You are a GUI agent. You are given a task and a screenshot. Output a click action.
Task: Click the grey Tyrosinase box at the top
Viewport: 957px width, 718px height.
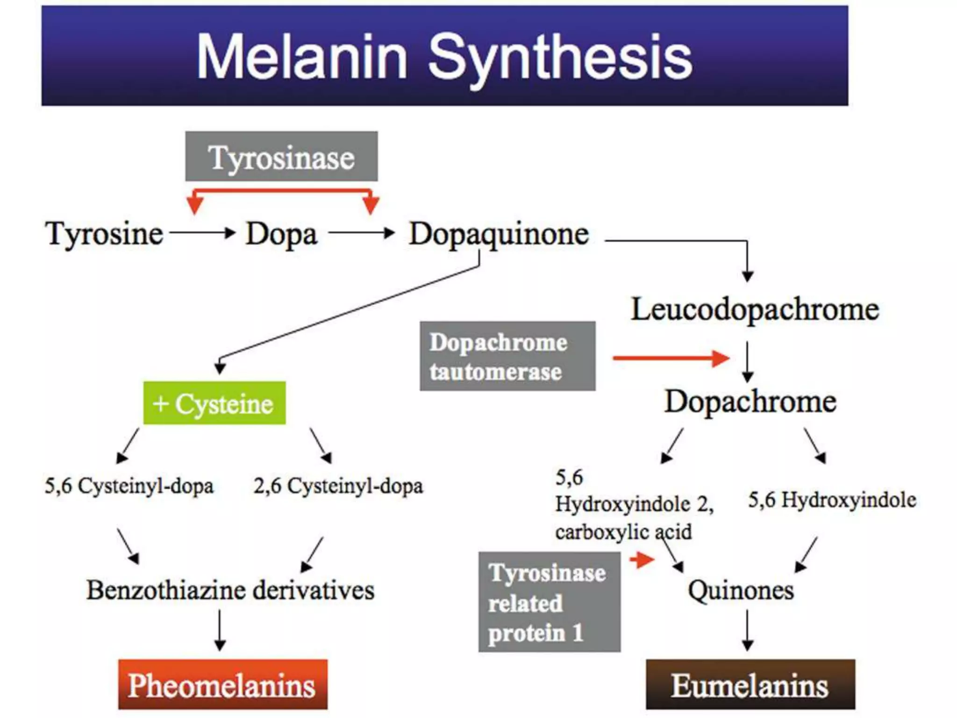tap(281, 157)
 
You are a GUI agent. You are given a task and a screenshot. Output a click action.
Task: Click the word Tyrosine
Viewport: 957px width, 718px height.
tap(104, 233)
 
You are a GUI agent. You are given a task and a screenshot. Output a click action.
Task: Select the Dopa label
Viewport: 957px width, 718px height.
tap(281, 234)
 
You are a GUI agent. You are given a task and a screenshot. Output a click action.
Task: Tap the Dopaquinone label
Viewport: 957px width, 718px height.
tap(499, 234)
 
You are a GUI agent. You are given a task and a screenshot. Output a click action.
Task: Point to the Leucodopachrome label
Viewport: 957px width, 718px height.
tap(755, 309)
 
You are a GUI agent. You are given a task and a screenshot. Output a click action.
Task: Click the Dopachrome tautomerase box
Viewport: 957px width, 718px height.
tap(507, 356)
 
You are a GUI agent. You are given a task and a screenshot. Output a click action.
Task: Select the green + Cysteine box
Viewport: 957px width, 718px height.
tap(214, 403)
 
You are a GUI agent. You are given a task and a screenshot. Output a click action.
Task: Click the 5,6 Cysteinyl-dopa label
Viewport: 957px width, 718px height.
tap(129, 486)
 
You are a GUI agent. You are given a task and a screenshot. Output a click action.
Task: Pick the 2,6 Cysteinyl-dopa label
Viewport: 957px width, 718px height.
tap(338, 486)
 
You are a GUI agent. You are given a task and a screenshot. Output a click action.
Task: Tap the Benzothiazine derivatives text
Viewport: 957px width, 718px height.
tap(230, 590)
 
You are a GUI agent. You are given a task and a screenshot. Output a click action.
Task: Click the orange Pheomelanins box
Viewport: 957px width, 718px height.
tap(222, 684)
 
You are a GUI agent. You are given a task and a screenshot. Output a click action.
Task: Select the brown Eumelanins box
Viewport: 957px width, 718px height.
tap(750, 684)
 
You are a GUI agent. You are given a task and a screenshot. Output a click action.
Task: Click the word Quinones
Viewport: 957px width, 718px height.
tap(741, 590)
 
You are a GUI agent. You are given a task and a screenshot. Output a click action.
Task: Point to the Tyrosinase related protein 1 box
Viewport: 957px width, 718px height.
tap(550, 602)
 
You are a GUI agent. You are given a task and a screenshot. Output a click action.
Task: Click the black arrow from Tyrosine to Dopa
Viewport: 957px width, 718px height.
tap(202, 232)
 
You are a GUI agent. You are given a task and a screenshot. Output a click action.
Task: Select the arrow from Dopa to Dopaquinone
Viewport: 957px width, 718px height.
tap(361, 232)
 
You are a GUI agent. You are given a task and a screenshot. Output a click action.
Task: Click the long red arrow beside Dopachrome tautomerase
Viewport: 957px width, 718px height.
tap(671, 359)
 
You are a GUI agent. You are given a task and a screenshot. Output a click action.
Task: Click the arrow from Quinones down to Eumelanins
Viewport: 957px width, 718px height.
tap(747, 630)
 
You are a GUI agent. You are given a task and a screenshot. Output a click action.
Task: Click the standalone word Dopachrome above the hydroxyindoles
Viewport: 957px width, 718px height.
tap(750, 402)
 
